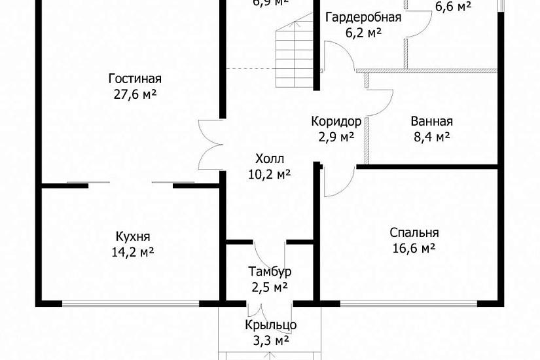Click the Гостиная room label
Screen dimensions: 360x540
(x=135, y=79)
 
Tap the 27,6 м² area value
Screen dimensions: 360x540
(x=135, y=94)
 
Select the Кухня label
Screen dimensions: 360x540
(x=133, y=236)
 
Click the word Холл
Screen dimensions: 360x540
(x=270, y=158)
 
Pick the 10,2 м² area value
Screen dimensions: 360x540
(x=270, y=174)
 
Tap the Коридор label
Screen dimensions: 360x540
(x=336, y=121)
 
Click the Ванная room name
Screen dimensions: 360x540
(x=432, y=121)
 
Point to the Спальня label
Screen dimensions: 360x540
(x=414, y=232)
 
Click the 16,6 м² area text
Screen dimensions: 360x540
(x=414, y=248)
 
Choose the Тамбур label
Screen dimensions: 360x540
(x=270, y=271)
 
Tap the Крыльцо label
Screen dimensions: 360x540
(x=271, y=325)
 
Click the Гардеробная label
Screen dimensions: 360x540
(x=363, y=17)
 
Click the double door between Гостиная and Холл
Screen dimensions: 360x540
(x=211, y=145)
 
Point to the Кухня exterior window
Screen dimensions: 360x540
(x=130, y=303)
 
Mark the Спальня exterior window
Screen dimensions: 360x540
(x=408, y=303)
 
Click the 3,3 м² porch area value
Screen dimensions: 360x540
(x=271, y=340)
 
